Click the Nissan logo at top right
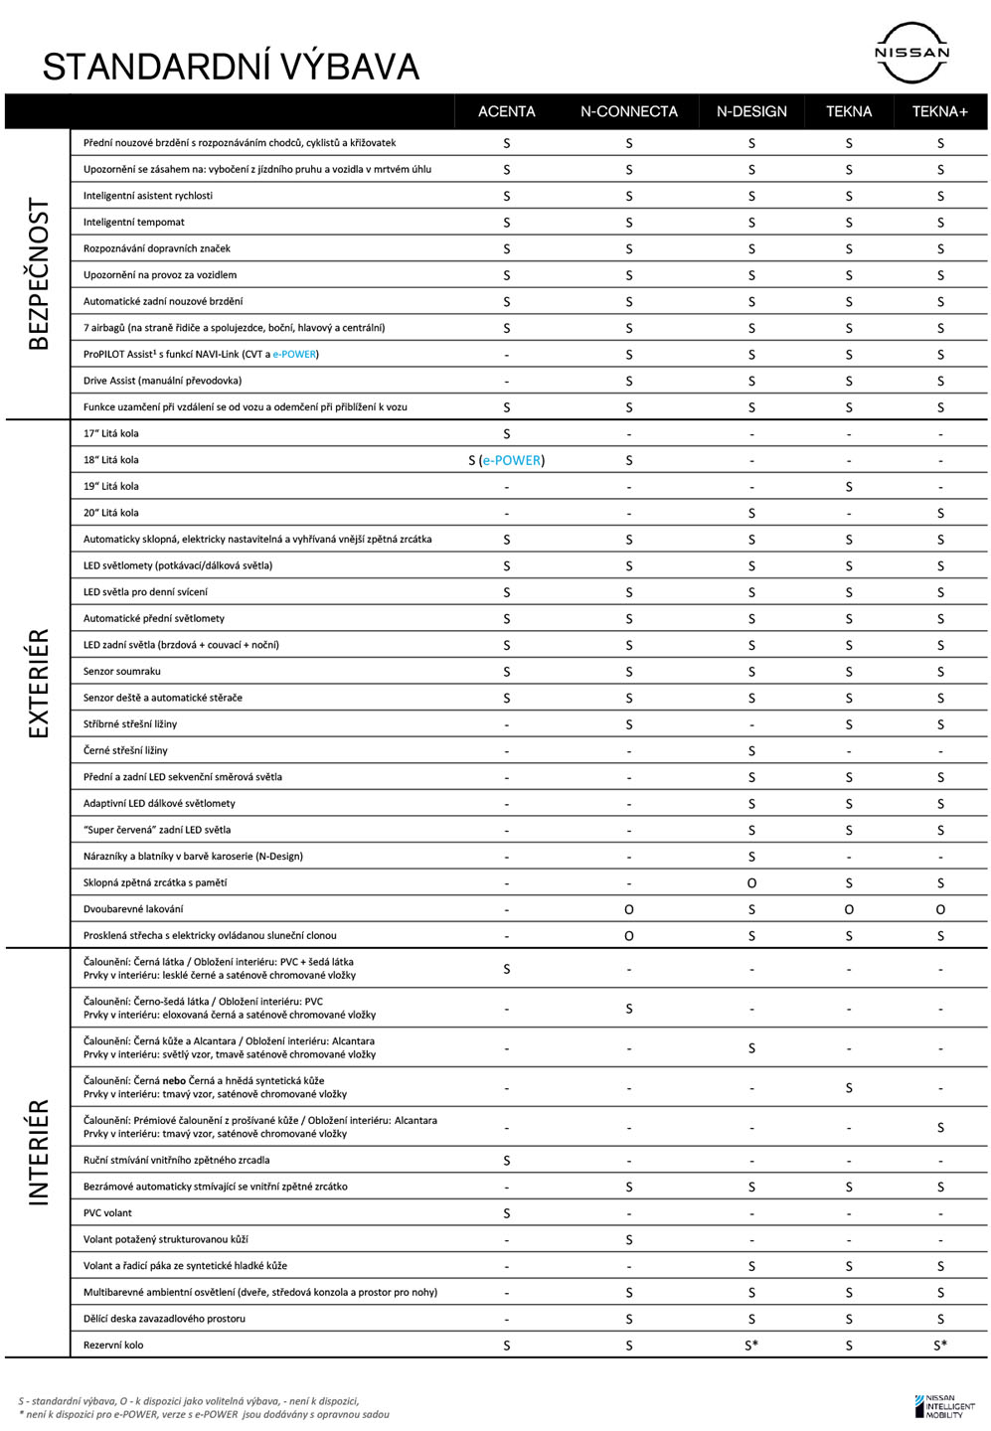pyautogui.click(x=911, y=53)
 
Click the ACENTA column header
pyautogui.click(x=506, y=111)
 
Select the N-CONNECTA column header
pyautogui.click(x=628, y=111)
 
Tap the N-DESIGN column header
pyautogui.click(x=751, y=111)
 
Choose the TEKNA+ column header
pyautogui.click(x=939, y=111)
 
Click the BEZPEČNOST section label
pyautogui.click(x=39, y=274)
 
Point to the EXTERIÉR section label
pyautogui.click(x=39, y=684)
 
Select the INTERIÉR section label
pyautogui.click(x=39, y=1153)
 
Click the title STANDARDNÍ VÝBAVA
pyautogui.click(x=231, y=67)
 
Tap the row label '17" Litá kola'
pyautogui.click(x=111, y=433)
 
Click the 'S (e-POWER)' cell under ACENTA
pyautogui.click(x=506, y=460)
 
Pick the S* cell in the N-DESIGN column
pyautogui.click(x=752, y=1345)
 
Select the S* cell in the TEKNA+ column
pyautogui.click(x=940, y=1345)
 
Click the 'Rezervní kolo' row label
pyautogui.click(x=113, y=1345)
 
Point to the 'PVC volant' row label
pyautogui.click(x=107, y=1212)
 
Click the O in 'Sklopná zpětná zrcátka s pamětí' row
pyautogui.click(x=751, y=882)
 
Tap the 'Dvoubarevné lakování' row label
pyautogui.click(x=133, y=908)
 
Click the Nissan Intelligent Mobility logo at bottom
pyautogui.click(x=944, y=1406)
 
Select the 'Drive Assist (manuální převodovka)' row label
pyautogui.click(x=162, y=380)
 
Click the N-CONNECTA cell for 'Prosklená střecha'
pyautogui.click(x=628, y=935)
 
